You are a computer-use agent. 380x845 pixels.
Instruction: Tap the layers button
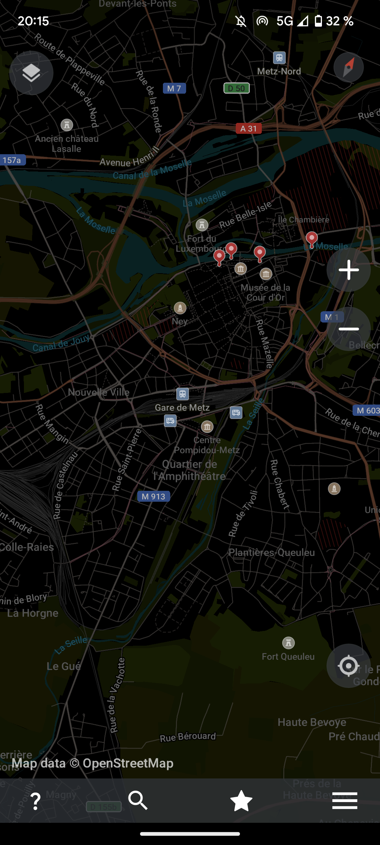pos(31,73)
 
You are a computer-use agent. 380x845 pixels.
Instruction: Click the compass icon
pos(348,67)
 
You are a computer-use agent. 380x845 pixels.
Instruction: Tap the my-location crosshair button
pos(348,666)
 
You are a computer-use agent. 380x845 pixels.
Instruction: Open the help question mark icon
pos(36,801)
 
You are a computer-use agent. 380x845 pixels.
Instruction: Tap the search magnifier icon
pos(138,800)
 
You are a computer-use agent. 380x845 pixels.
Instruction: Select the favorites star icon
pos(241,801)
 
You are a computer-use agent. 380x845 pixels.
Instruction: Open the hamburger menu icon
pos(345,801)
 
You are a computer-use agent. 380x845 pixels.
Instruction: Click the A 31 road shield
pos(248,129)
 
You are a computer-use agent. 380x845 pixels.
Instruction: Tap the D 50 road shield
pos(236,88)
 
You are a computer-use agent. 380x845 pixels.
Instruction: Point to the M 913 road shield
pos(153,496)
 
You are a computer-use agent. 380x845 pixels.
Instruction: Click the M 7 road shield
pos(174,88)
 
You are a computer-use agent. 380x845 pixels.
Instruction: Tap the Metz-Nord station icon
pos(279,57)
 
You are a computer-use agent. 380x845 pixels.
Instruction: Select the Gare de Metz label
pos(182,407)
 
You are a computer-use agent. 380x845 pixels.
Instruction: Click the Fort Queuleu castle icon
pos(289,643)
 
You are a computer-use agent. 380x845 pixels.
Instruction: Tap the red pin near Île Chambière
pos(311,239)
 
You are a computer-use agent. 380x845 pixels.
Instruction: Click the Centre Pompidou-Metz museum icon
pos(207,427)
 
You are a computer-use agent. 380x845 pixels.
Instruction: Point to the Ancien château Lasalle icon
pos(67,125)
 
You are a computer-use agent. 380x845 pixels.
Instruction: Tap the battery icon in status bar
pos(318,21)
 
